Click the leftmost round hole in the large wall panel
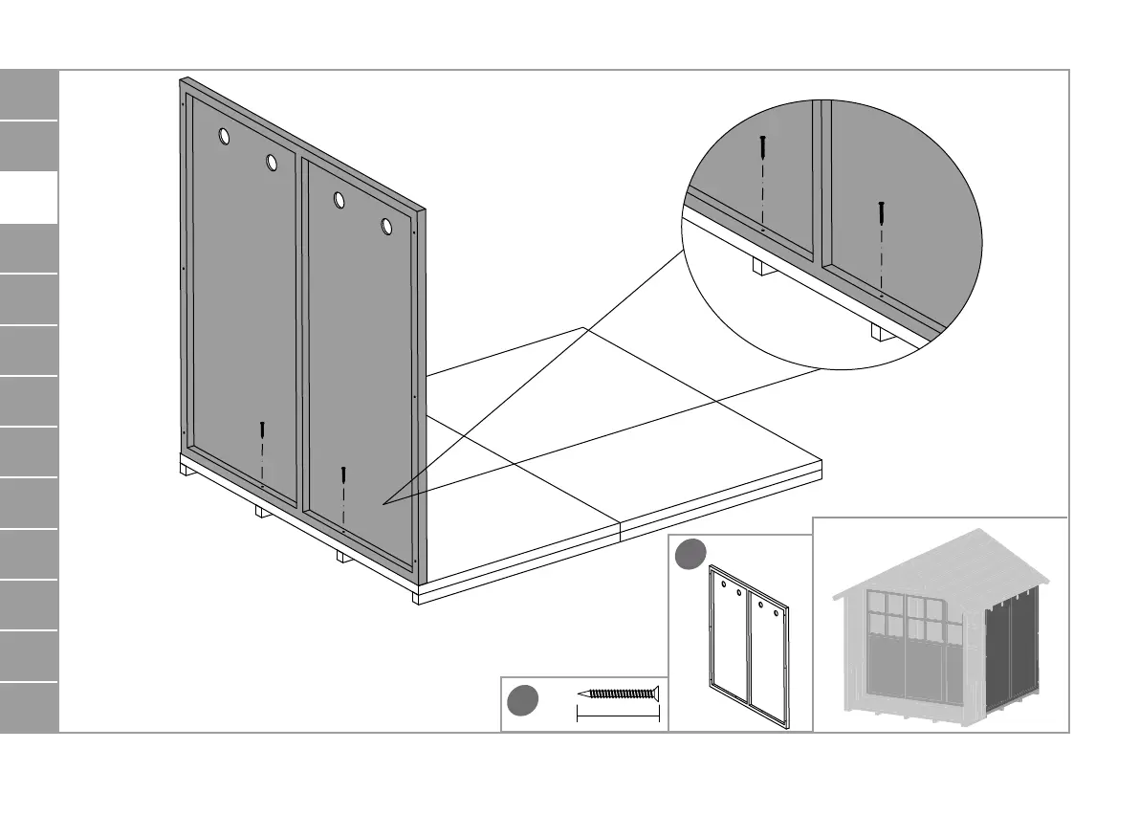coord(224,137)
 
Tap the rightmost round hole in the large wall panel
coord(387,227)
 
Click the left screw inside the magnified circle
coord(762,148)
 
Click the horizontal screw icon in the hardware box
coord(620,694)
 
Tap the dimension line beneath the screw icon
coord(617,714)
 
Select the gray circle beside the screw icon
coord(522,701)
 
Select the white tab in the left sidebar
coord(29,198)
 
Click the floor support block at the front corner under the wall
coord(415,597)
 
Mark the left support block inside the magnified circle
coord(760,267)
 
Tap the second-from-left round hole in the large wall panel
coord(272,163)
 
